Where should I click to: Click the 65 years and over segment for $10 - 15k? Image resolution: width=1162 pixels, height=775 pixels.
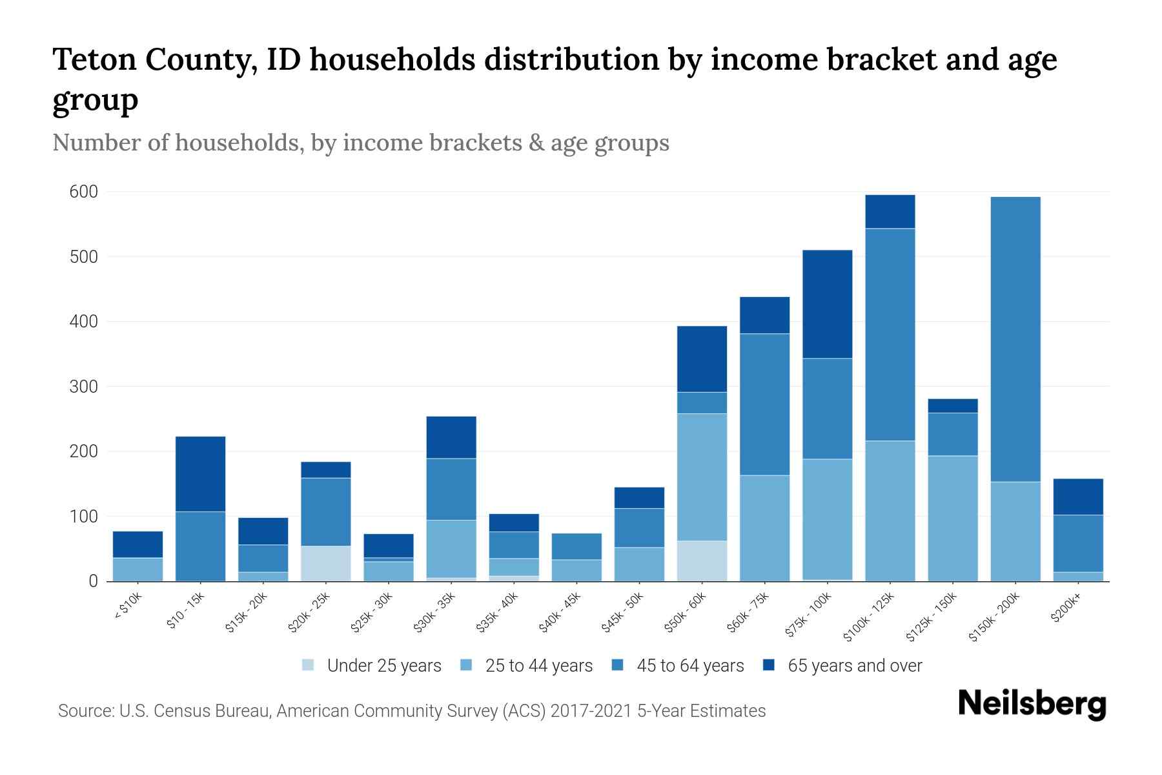(x=201, y=474)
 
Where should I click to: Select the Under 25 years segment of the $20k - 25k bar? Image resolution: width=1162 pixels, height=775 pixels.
(x=326, y=563)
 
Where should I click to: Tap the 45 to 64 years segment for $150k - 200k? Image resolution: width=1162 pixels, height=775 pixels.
(x=1015, y=339)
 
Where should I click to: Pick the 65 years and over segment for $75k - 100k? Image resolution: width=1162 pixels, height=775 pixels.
(x=827, y=304)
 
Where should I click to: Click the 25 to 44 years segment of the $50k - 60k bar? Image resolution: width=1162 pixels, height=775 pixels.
(x=702, y=477)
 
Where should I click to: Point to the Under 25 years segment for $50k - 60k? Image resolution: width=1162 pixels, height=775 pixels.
(x=702, y=561)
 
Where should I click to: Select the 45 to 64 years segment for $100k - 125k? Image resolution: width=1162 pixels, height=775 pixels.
(x=890, y=335)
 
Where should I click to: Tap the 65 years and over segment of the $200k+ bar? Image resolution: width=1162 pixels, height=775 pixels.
(x=1078, y=497)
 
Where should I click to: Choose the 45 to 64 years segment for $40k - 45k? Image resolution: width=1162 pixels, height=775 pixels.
(x=576, y=546)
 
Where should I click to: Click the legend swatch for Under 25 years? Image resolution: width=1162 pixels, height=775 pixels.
(x=309, y=665)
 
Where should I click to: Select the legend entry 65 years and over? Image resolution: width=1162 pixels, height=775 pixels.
(x=855, y=666)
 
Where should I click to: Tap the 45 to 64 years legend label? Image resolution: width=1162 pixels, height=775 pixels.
(x=690, y=666)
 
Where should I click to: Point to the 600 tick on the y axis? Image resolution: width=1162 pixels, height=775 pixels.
(x=85, y=192)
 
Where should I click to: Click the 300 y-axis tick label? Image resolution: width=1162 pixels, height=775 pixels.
(x=85, y=387)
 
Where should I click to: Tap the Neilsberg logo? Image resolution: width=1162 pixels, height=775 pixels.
(x=1032, y=704)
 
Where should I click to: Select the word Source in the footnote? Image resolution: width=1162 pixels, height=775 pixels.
(x=85, y=711)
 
